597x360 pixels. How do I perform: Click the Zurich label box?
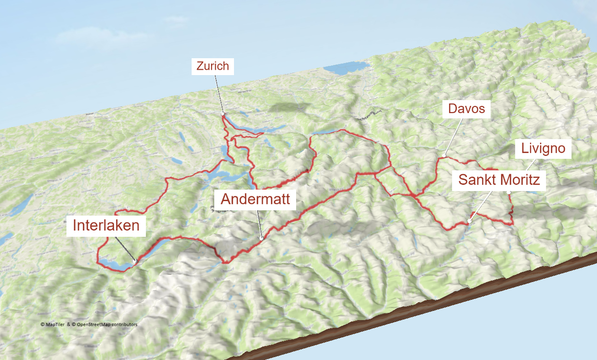click(x=213, y=66)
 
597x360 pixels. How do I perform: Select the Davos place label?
click(x=466, y=109)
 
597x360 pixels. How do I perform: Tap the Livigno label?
click(x=543, y=149)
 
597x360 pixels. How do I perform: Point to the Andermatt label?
click(x=255, y=199)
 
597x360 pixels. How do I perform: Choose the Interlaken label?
click(x=106, y=225)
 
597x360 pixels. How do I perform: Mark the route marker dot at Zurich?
click(x=223, y=114)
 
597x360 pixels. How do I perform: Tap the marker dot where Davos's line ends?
click(x=445, y=155)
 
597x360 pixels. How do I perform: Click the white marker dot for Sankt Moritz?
click(x=469, y=221)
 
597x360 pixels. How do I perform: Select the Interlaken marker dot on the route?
click(x=135, y=261)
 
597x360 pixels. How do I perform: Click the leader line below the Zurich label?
click(x=219, y=94)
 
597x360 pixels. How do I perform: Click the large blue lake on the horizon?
click(x=346, y=68)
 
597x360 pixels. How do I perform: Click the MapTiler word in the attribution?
click(x=56, y=324)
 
